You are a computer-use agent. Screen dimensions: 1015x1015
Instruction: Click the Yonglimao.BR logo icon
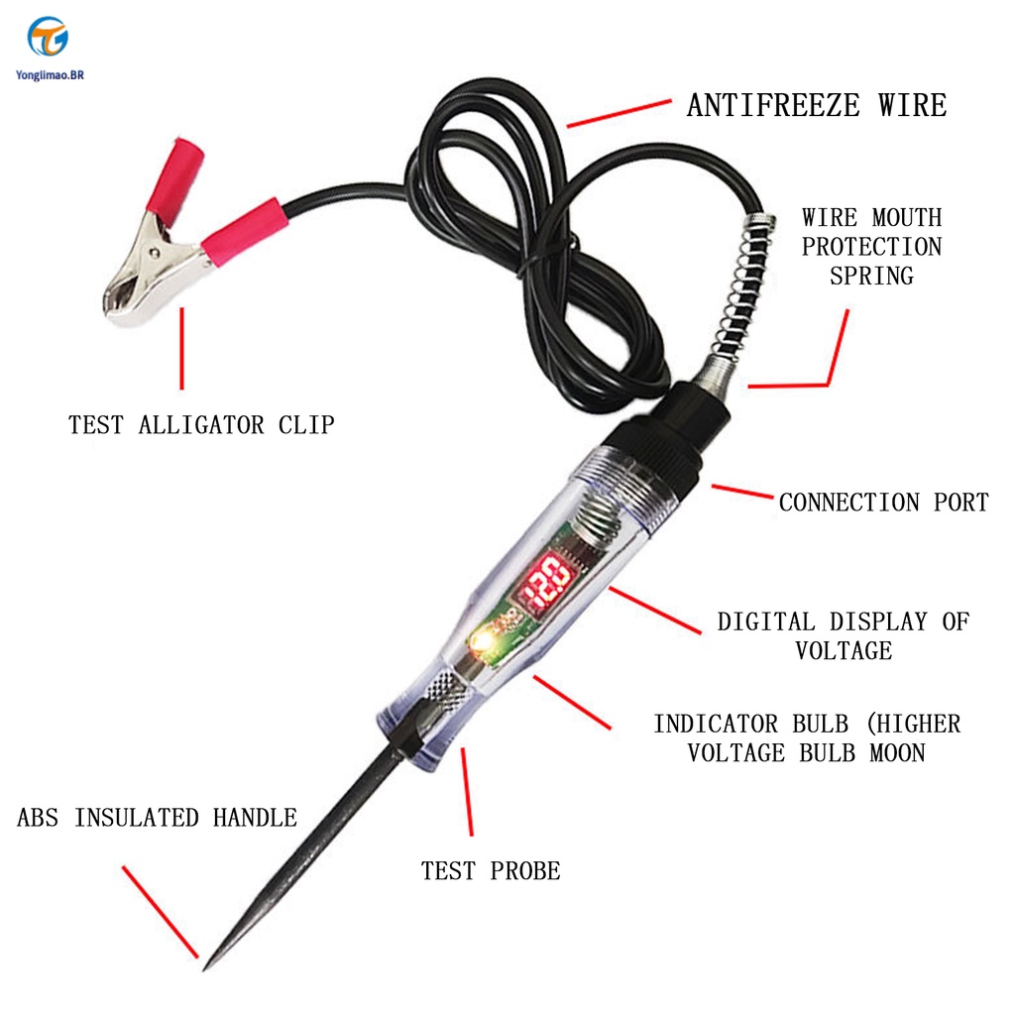(x=48, y=37)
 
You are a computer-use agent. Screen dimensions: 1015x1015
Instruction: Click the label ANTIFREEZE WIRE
(x=816, y=105)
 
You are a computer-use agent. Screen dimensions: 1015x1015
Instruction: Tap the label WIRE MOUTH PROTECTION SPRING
(x=871, y=246)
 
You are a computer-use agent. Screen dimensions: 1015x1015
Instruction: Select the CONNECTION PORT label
(x=883, y=503)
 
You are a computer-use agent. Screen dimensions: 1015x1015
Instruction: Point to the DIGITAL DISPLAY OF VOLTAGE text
(x=843, y=635)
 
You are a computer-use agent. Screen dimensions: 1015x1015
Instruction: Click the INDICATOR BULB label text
(x=806, y=737)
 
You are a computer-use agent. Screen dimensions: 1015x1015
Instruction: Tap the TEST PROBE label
(x=491, y=871)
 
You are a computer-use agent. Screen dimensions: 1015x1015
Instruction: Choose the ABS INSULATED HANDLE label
(x=157, y=818)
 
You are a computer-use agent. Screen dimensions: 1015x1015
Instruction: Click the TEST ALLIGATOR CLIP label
(x=201, y=425)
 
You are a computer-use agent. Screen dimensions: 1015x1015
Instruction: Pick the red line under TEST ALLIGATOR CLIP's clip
(x=181, y=348)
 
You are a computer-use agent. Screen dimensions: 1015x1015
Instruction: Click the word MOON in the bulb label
(x=897, y=752)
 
